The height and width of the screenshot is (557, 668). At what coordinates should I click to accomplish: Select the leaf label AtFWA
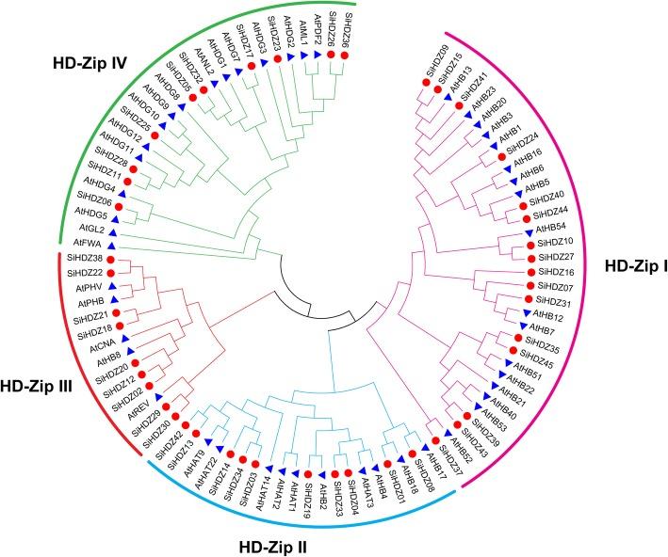click(89, 244)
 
